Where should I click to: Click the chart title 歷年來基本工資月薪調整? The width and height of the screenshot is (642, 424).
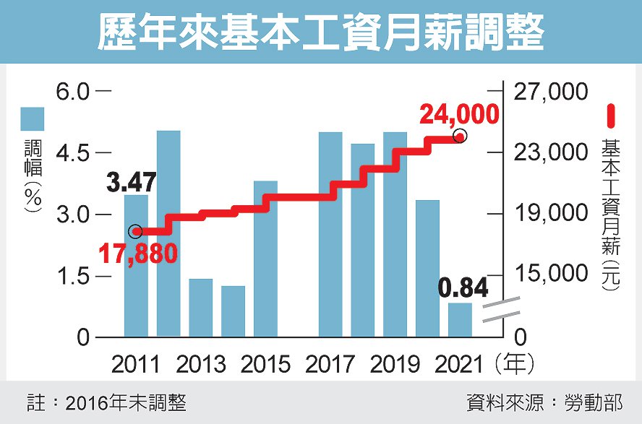320,33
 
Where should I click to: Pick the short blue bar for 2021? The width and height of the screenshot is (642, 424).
460,320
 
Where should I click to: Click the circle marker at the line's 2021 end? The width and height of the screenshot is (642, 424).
459,137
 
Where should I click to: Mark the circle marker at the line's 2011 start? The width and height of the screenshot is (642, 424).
135,231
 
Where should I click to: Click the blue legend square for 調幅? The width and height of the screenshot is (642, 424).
33,119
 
